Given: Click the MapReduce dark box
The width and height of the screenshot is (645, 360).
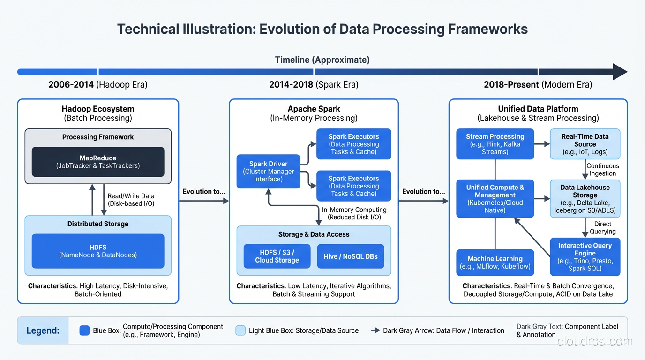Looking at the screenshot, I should (98, 162).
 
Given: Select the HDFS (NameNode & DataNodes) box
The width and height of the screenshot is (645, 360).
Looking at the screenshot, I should (98, 251).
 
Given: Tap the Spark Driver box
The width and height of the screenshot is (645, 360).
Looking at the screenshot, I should (268, 172).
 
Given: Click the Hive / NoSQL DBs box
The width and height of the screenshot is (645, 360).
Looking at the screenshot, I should (351, 256).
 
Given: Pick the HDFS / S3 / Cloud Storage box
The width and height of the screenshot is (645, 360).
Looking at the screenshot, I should (277, 256).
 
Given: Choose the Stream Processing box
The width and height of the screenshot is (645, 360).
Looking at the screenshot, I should (495, 144).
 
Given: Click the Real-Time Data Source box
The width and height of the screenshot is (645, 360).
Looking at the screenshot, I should (585, 144).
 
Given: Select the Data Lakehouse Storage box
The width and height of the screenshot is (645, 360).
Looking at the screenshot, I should (585, 199).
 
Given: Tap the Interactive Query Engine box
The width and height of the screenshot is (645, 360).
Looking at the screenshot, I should (585, 257).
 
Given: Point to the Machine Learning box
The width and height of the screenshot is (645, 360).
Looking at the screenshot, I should (495, 262).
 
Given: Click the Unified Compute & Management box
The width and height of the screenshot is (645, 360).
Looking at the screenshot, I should (495, 199).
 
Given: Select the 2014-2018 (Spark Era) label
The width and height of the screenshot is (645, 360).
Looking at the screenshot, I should (314, 85).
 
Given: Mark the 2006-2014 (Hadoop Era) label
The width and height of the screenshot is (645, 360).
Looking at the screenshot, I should (98, 85).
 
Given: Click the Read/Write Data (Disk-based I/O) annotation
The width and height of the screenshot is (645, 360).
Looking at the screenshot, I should (131, 200).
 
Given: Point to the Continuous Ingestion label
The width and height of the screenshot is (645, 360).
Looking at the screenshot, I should (603, 170).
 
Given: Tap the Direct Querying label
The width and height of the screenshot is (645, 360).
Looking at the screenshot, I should (603, 228).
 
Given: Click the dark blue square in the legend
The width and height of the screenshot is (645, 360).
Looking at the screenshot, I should (84, 330).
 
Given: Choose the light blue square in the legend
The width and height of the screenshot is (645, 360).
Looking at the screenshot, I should (240, 330).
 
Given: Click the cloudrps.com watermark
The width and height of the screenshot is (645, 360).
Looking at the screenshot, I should (595, 341).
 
